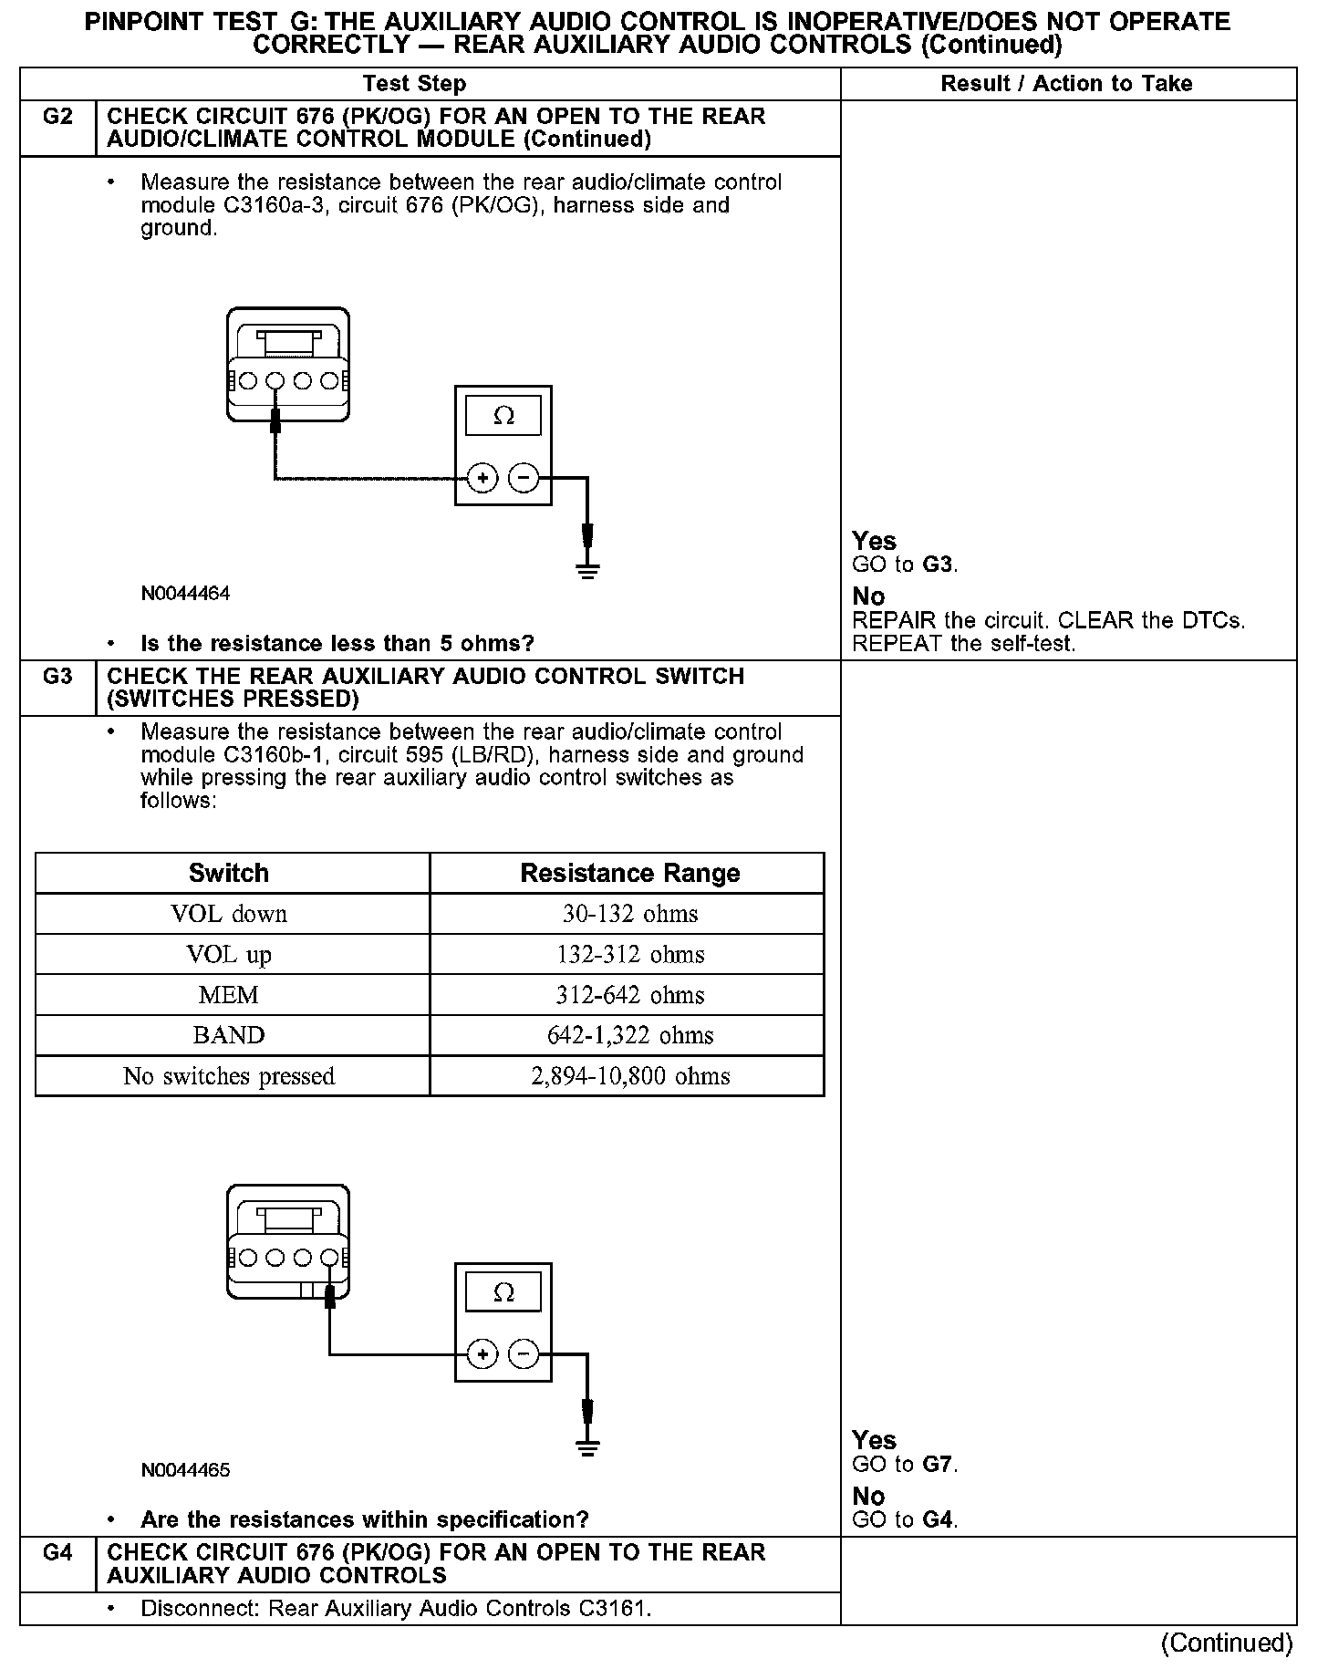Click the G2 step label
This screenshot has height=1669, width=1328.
[x=57, y=118]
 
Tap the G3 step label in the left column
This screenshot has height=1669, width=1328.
[x=57, y=677]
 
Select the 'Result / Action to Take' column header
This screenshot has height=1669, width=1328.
[x=1066, y=84]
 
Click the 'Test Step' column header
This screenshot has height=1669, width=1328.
[x=414, y=84]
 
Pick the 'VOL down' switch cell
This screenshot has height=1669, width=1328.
[x=229, y=914]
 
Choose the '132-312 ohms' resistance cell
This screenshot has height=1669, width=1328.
[x=630, y=955]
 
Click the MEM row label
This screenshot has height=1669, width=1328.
[x=229, y=995]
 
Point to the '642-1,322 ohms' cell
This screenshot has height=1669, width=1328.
[x=630, y=1035]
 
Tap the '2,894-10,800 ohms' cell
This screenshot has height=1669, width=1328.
[x=630, y=1076]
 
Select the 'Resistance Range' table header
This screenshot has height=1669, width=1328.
[x=630, y=873]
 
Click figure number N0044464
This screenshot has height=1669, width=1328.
[x=185, y=594]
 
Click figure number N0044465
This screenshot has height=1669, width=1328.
[x=185, y=1470]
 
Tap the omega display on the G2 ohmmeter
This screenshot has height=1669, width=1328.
[x=503, y=417]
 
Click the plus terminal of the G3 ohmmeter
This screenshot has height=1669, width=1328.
[x=482, y=1355]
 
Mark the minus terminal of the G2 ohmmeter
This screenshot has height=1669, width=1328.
[x=524, y=478]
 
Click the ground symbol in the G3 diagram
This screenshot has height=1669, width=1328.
[x=588, y=1447]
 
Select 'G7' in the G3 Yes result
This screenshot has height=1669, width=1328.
[x=939, y=1465]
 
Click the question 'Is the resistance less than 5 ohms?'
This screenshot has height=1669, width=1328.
[x=337, y=644]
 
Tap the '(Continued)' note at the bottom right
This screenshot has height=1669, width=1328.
[x=1227, y=1643]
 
